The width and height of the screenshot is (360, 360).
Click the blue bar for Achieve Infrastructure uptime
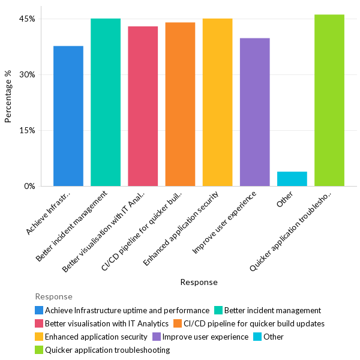point(68,116)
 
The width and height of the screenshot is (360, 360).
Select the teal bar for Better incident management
point(106,102)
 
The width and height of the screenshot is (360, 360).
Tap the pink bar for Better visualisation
point(143,106)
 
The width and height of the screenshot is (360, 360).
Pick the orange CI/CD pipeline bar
point(180,104)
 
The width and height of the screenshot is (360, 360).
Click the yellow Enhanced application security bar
point(217,102)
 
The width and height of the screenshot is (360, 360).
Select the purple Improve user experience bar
point(254,112)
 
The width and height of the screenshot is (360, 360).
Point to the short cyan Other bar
point(292,179)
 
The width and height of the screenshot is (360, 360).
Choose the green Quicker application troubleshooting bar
point(329,100)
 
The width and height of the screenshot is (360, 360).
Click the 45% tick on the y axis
point(28,19)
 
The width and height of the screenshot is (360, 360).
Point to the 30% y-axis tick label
point(28,74)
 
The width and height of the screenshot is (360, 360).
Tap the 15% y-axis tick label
point(28,130)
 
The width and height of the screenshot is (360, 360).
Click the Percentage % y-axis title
point(8,97)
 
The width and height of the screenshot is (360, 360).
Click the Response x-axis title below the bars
point(199,282)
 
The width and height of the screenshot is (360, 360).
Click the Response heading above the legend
point(53,296)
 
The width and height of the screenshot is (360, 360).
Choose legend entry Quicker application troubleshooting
point(107,350)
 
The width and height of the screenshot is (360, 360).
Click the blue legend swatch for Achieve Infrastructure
point(39,310)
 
